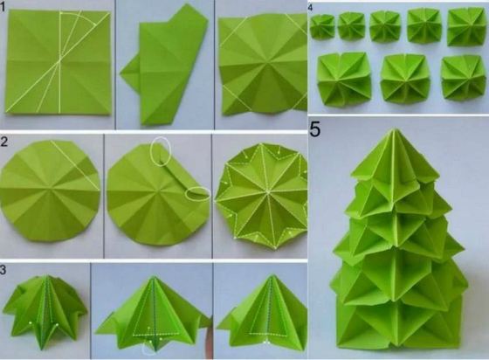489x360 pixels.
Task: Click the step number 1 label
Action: click(x=2, y=6)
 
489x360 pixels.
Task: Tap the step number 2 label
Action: click(x=3, y=142)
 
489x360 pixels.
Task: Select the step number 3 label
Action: click(x=3, y=270)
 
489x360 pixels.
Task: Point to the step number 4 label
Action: click(x=310, y=8)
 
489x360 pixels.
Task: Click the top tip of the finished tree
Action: click(x=394, y=128)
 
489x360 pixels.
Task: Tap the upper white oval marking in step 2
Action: click(x=161, y=151)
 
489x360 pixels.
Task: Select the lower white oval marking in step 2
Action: click(x=197, y=194)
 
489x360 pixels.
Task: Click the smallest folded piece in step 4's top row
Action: click(x=322, y=27)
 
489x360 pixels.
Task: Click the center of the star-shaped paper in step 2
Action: click(x=267, y=191)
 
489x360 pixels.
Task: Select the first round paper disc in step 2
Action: click(x=50, y=190)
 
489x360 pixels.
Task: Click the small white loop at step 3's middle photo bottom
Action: click(x=149, y=349)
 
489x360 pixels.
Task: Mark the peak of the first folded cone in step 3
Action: click(x=47, y=276)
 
